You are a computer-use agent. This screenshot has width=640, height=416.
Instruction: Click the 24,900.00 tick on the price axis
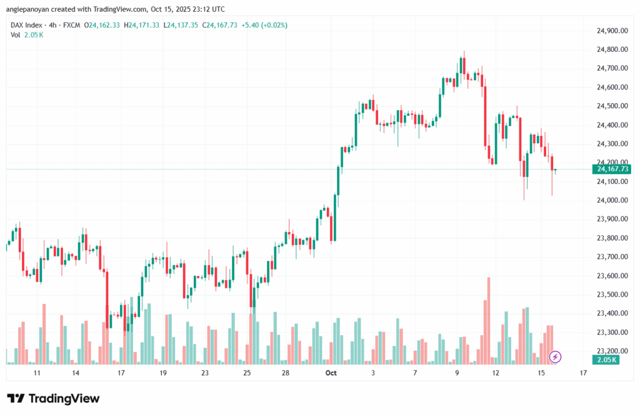tap(611, 31)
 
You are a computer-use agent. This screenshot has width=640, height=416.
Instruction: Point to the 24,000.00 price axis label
tap(611, 200)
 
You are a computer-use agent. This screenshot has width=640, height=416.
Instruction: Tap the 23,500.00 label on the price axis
tap(611, 295)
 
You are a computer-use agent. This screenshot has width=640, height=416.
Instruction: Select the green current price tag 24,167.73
tap(613, 169)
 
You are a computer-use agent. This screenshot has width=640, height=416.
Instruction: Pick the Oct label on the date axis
tap(331, 373)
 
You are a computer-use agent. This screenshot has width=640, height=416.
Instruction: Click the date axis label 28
tap(285, 373)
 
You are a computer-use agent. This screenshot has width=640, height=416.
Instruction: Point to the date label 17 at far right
tap(583, 373)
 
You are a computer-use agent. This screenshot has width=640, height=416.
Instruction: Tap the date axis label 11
tap(37, 373)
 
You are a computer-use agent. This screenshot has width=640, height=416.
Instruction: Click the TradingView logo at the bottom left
tap(54, 398)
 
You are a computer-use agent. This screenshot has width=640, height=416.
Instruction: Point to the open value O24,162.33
tap(104, 25)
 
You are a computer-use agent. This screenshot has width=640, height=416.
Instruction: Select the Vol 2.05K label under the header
tap(27, 34)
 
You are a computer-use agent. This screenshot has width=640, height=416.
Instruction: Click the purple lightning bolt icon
tap(555, 357)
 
